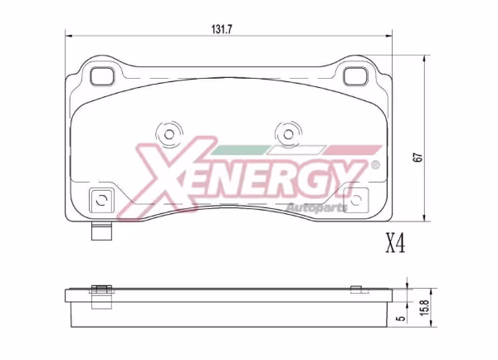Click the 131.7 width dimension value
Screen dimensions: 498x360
point(222,30)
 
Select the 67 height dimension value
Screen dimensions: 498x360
point(418,158)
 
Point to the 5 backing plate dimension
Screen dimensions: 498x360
point(402,318)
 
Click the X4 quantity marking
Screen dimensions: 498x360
point(395,243)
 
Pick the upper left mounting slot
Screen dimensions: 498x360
point(101,76)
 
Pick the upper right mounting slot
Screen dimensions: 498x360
point(356,76)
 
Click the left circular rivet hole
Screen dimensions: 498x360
point(169,134)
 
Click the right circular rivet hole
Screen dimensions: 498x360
point(288,134)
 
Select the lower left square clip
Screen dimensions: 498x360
point(101,200)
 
